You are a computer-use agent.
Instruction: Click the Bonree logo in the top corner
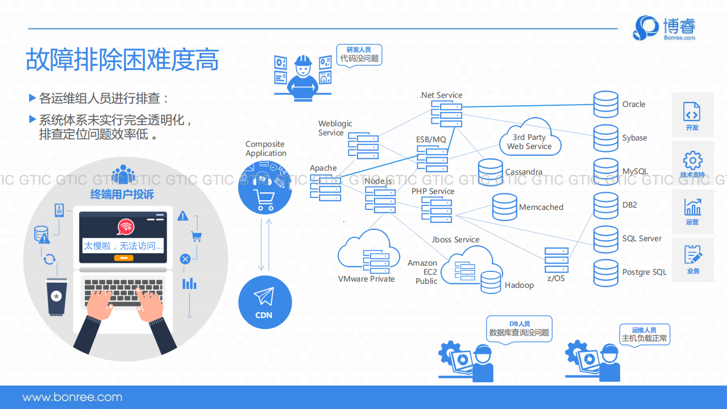(x=664, y=28)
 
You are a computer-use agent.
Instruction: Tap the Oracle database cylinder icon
(x=605, y=104)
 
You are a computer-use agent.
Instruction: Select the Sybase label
(x=634, y=138)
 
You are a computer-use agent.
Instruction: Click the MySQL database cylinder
(x=605, y=171)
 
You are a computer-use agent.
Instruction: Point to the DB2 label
(x=629, y=205)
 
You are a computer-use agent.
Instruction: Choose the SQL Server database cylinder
(x=605, y=239)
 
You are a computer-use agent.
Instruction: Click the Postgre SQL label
(x=644, y=272)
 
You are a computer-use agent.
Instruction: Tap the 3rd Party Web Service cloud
(x=529, y=140)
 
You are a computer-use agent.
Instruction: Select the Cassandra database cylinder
(x=490, y=172)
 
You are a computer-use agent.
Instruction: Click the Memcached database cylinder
(x=504, y=207)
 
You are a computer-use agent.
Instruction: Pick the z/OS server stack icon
(x=556, y=260)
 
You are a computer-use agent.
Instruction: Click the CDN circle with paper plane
(x=264, y=302)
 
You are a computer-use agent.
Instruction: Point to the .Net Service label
(x=441, y=95)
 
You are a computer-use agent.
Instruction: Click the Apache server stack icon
(x=326, y=188)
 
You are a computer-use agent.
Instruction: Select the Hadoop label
(x=519, y=285)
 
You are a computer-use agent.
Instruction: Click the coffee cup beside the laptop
(x=56, y=298)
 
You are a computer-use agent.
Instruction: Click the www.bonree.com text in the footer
(x=72, y=397)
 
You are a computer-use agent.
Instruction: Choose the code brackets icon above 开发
(x=692, y=111)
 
